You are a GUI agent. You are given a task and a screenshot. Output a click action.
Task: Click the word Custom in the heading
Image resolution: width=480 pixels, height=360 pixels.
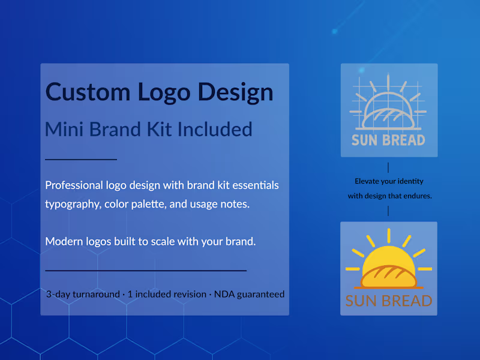88,92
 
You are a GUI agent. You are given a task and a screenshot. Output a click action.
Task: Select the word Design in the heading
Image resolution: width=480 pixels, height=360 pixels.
236,92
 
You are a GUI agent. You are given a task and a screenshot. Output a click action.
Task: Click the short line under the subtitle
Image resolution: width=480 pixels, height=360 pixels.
81,160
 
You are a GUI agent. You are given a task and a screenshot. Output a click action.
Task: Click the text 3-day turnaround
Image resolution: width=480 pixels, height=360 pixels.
83,294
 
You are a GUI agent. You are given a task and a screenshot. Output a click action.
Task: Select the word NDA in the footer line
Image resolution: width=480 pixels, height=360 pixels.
226,294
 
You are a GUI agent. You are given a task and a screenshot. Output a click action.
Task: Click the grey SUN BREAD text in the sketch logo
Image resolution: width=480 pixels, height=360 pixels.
388,140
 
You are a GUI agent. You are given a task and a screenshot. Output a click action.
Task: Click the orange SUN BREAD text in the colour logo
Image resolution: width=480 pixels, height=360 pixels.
389,300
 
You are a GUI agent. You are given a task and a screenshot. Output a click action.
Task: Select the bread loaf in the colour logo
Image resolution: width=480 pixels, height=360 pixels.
389,277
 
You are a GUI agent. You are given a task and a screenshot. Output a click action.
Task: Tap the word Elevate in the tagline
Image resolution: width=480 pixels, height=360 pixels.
367,181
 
